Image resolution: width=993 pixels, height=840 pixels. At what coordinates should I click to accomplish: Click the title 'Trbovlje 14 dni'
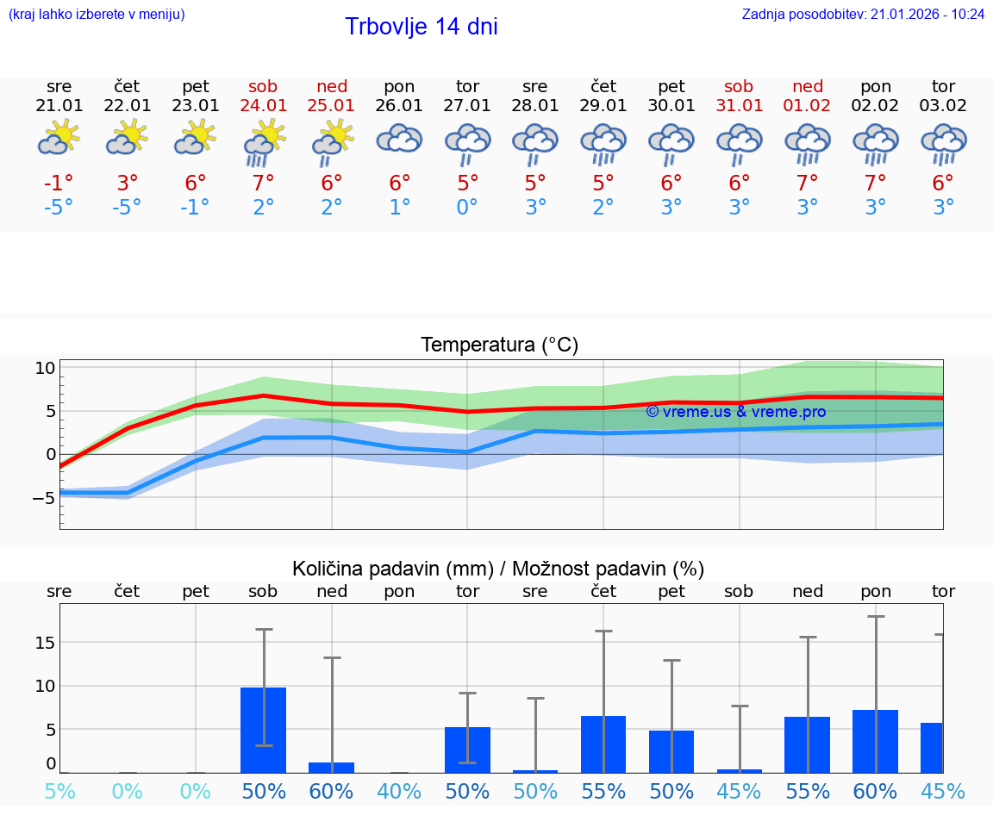(421, 27)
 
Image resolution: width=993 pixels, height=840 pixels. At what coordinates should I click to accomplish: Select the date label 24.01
(264, 106)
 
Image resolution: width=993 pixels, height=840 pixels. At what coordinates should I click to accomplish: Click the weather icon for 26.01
(399, 140)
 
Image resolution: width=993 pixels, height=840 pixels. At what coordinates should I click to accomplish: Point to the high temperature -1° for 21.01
(59, 184)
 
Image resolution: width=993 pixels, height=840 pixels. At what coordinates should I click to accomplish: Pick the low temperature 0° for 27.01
(467, 208)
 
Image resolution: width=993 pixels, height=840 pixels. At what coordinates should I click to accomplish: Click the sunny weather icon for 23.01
(196, 138)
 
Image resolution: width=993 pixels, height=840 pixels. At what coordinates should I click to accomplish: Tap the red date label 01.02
(808, 106)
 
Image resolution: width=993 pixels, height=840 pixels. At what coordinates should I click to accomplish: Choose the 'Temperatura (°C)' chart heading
(499, 345)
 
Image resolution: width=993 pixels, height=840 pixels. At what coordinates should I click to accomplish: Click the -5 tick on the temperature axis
(44, 497)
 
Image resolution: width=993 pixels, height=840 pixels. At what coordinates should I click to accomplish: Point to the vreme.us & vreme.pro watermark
(735, 412)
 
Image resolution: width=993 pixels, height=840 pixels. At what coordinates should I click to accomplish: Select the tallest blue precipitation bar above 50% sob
(264, 730)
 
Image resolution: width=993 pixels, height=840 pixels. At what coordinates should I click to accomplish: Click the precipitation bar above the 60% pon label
(875, 741)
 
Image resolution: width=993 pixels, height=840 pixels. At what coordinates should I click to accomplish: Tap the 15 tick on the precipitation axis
(46, 643)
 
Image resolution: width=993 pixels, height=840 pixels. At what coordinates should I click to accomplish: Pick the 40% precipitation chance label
(399, 792)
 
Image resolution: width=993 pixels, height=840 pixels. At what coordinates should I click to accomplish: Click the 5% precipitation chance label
(59, 792)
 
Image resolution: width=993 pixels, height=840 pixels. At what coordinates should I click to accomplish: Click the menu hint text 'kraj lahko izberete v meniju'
(97, 15)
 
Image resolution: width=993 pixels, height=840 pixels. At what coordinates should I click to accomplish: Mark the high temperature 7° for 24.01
(264, 184)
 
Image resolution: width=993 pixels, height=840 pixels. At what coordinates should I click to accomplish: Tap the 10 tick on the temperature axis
(45, 368)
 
